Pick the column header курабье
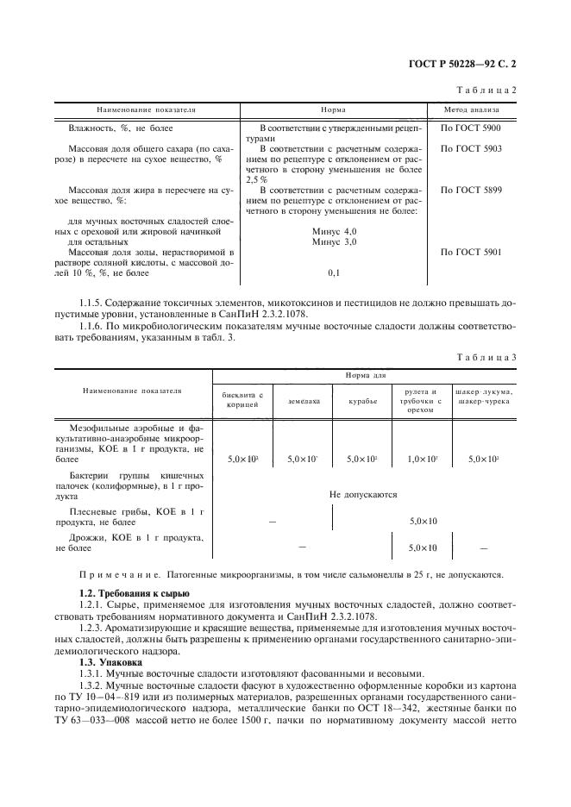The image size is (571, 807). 362,401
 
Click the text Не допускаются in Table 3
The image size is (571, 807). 362,495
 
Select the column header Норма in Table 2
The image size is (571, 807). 334,110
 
